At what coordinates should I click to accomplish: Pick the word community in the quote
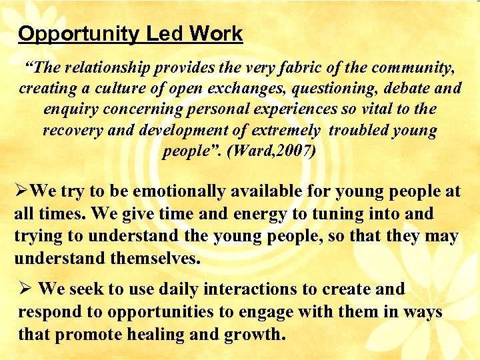coord(407,67)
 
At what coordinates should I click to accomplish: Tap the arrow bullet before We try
coord(21,192)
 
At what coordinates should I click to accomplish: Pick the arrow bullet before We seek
coord(25,289)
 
